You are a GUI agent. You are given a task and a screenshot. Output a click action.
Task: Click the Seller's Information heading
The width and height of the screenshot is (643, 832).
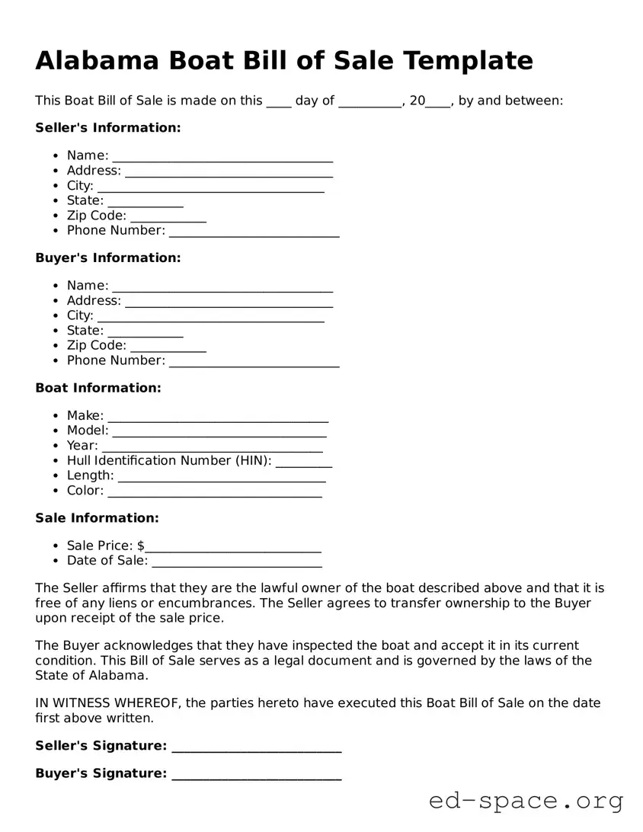click(108, 127)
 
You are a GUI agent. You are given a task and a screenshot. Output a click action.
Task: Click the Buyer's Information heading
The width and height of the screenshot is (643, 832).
click(108, 258)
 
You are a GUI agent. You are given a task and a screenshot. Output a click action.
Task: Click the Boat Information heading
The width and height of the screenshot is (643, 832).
click(98, 388)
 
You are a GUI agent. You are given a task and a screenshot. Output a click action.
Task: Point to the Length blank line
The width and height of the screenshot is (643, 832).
click(222, 478)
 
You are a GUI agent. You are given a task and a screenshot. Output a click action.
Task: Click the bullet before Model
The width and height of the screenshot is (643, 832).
click(56, 431)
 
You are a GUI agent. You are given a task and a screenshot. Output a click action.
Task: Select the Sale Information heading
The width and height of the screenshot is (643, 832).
click(97, 518)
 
